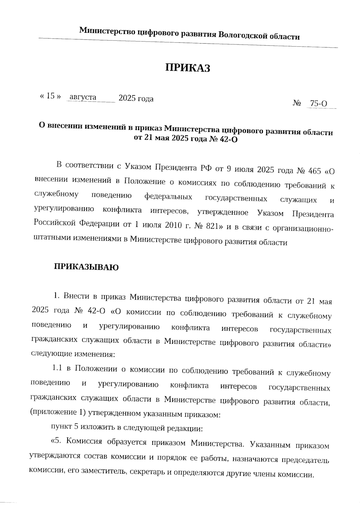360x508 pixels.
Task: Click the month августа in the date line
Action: click(x=83, y=97)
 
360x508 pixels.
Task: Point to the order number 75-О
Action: click(x=318, y=104)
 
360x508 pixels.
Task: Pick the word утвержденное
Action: click(x=223, y=212)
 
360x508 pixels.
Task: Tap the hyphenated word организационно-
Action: click(x=302, y=229)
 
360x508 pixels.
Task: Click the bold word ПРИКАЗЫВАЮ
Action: click(x=86, y=267)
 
